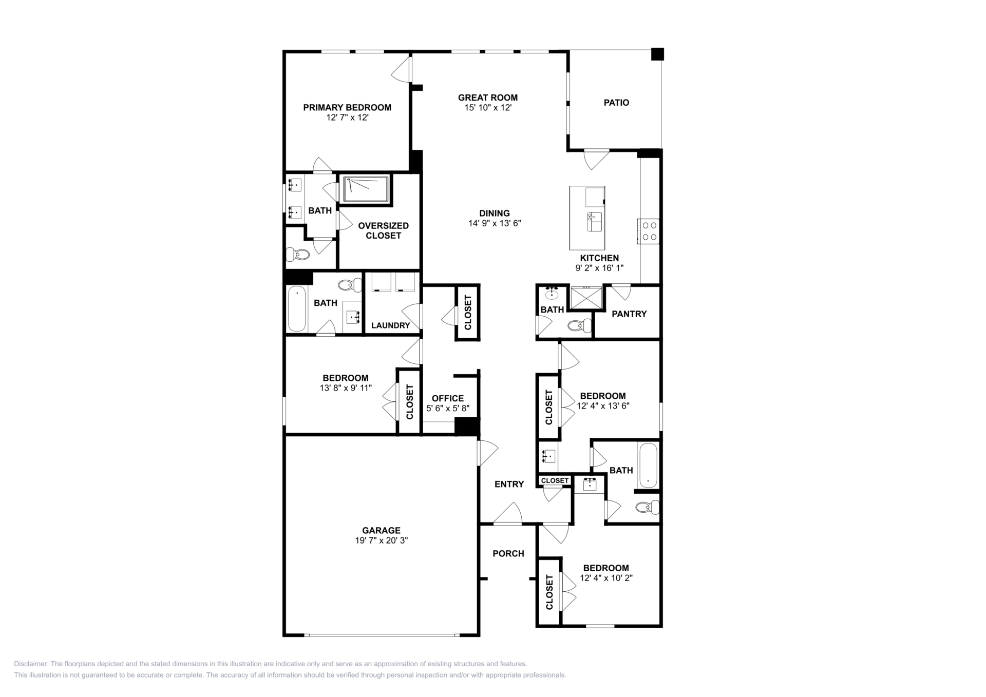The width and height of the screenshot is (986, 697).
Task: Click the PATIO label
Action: pyautogui.click(x=616, y=103)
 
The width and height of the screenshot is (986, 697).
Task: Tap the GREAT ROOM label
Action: pyautogui.click(x=488, y=98)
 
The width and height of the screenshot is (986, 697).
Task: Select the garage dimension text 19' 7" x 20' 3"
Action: pyautogui.click(x=381, y=540)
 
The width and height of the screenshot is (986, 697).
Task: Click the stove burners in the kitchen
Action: pyautogui.click(x=649, y=231)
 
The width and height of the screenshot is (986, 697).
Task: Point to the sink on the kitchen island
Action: pyautogui.click(x=595, y=222)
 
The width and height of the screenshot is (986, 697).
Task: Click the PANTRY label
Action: pyautogui.click(x=629, y=314)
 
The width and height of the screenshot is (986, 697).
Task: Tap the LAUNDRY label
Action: pyautogui.click(x=391, y=325)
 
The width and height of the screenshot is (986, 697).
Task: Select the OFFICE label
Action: pyautogui.click(x=448, y=398)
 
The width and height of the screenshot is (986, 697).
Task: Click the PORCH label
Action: pyautogui.click(x=508, y=553)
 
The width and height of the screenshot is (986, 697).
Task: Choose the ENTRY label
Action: pyautogui.click(x=509, y=484)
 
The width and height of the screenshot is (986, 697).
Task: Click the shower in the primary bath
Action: pyautogui.click(x=366, y=189)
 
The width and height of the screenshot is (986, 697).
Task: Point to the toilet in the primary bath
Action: pyautogui.click(x=298, y=254)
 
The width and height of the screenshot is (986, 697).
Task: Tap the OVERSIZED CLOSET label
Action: pyautogui.click(x=384, y=230)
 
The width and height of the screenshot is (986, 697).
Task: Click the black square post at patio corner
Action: pyautogui.click(x=657, y=54)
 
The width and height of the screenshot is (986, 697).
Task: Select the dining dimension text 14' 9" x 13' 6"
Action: pyautogui.click(x=495, y=223)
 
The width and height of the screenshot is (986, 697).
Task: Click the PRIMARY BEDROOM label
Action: pyautogui.click(x=347, y=107)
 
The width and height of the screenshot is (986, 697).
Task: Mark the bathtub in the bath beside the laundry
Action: pyautogui.click(x=297, y=309)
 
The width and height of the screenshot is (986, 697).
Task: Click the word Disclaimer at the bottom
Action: pyautogui.click(x=31, y=664)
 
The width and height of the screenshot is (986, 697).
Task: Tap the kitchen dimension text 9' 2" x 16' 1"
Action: pyautogui.click(x=599, y=268)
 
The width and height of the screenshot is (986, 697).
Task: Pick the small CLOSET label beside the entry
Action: pyautogui.click(x=555, y=480)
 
